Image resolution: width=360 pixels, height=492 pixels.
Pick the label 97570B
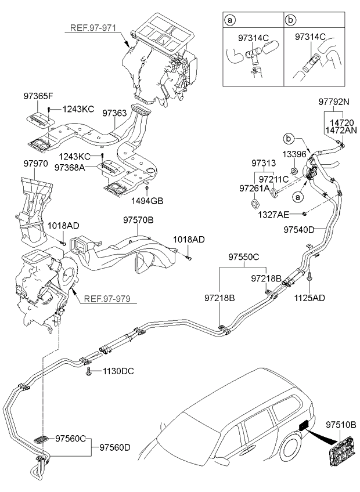pyautogui.click(x=138, y=220)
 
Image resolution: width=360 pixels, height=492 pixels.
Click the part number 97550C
pyautogui.click(x=243, y=256)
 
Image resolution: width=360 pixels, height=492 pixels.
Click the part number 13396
pyautogui.click(x=294, y=154)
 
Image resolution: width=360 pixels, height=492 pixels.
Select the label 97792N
pyautogui.click(x=333, y=102)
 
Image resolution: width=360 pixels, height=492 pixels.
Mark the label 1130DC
pyautogui.click(x=118, y=371)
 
